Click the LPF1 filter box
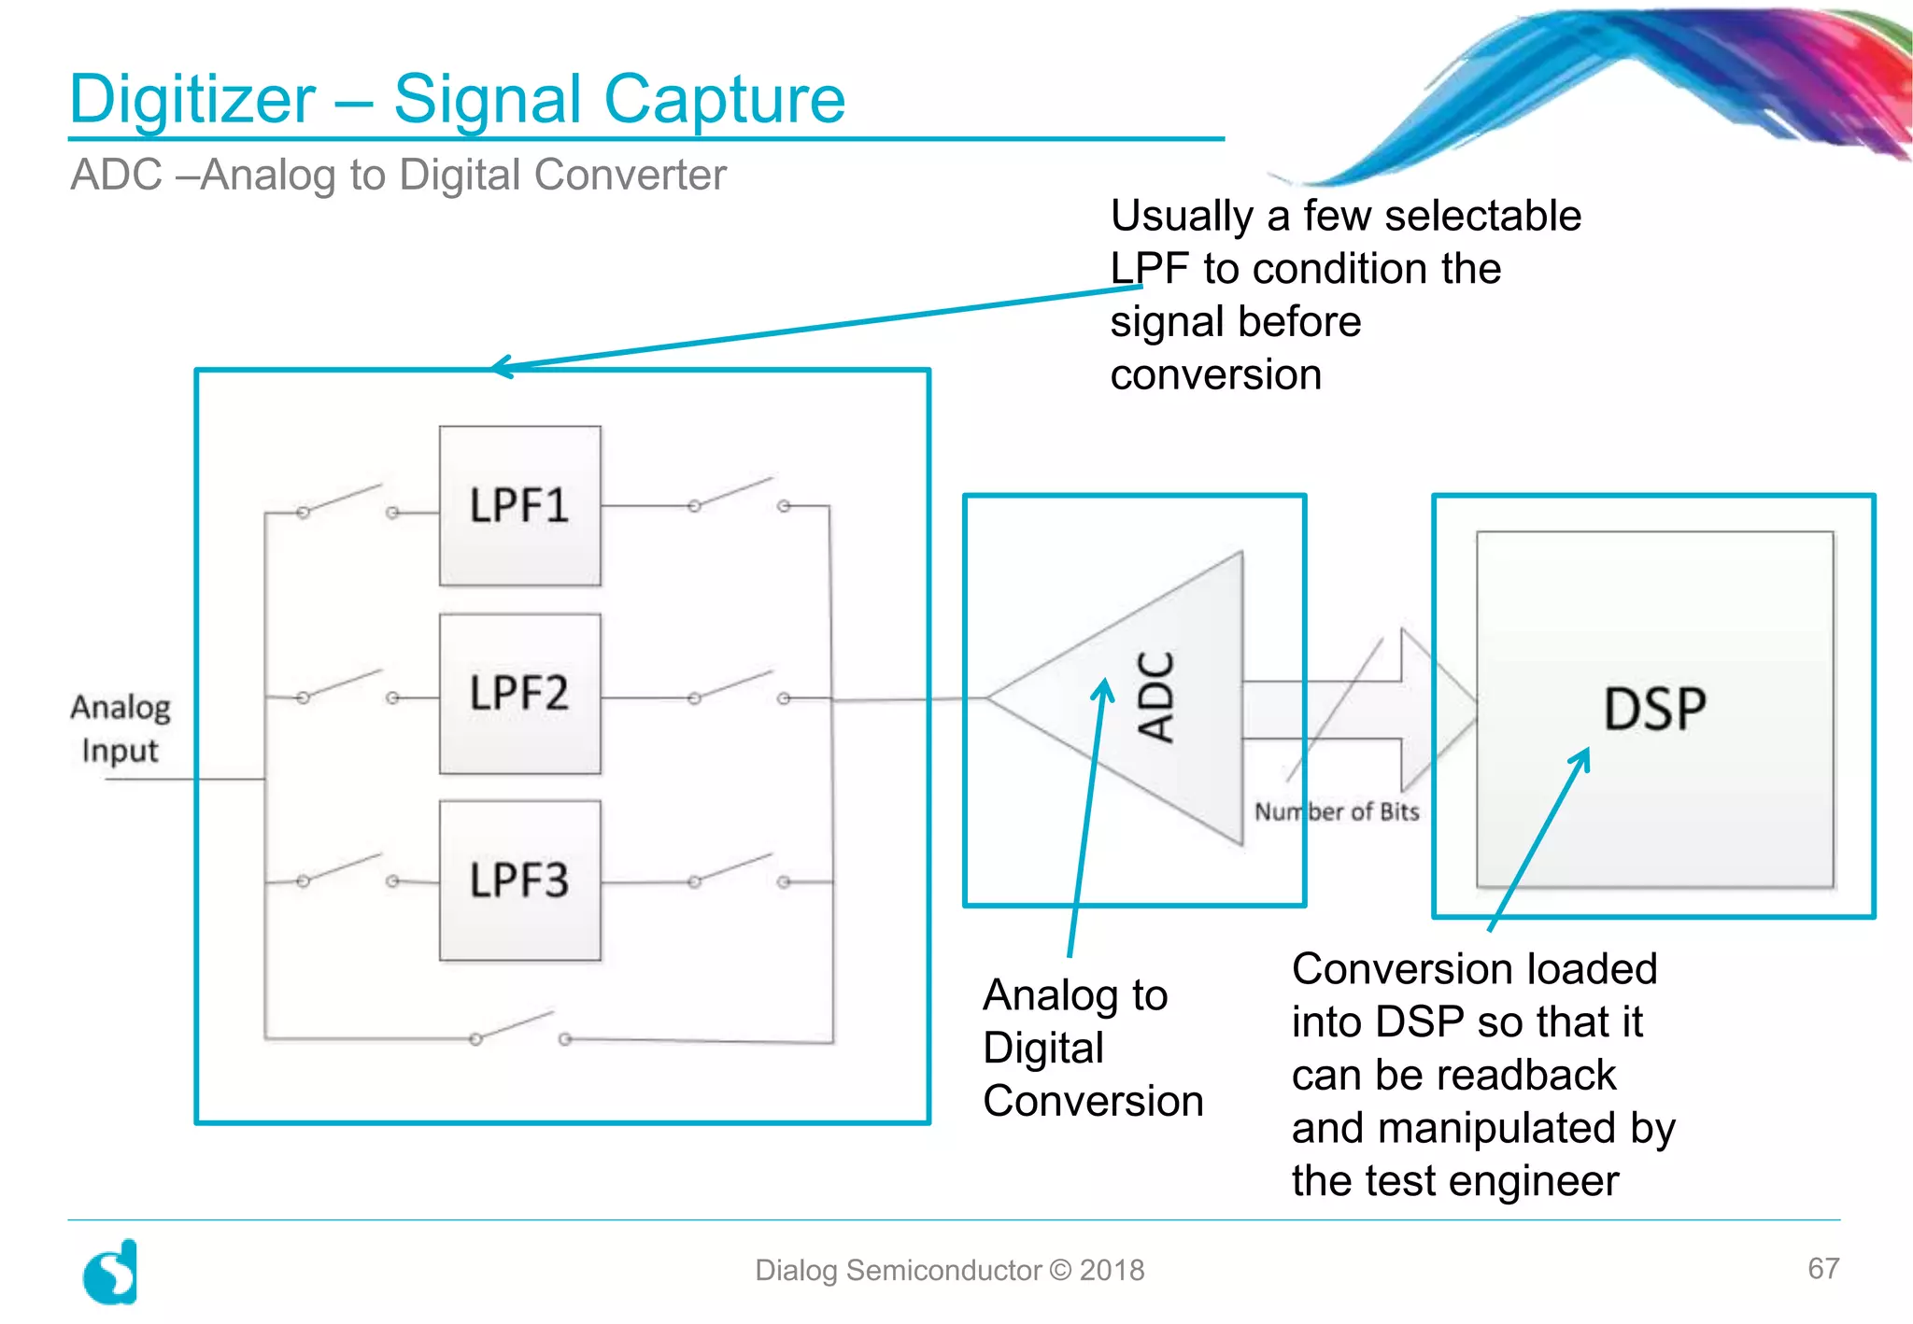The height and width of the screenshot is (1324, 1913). coord(519,506)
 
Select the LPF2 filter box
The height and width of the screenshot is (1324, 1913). coord(519,694)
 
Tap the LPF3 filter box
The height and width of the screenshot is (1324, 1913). coord(519,880)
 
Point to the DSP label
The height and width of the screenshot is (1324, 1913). coord(1654,709)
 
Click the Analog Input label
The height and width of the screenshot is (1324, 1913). coord(120,728)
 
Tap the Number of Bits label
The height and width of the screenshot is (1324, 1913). coord(1336,811)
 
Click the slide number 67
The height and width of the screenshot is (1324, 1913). coord(1822,1268)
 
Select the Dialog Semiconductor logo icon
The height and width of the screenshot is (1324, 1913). coord(111,1272)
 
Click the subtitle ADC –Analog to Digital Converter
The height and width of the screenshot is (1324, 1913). coord(398,175)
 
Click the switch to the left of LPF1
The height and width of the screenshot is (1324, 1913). coord(347,501)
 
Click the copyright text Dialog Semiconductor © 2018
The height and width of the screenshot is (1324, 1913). coord(949,1270)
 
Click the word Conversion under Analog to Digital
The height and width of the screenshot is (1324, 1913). coord(1093,1102)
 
